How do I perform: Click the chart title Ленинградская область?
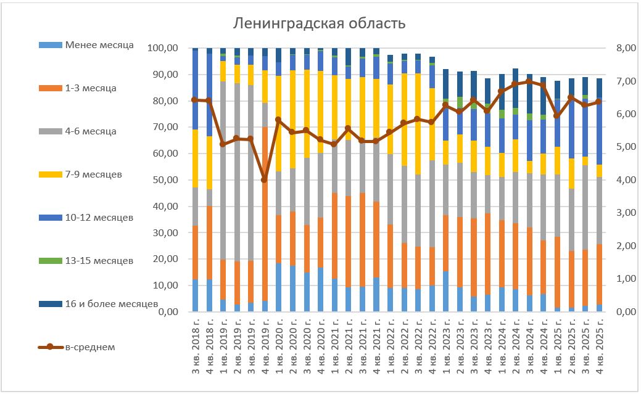[x=319, y=24]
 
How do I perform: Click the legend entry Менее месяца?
[x=99, y=45]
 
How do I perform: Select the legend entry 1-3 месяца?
[x=90, y=88]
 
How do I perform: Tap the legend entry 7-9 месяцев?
[x=93, y=174]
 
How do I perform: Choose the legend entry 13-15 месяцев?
[x=99, y=261]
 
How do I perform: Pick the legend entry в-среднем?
[x=89, y=347]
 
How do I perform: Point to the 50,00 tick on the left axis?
[x=165, y=180]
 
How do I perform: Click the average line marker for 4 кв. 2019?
[x=265, y=180]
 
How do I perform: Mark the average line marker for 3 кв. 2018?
[x=195, y=99]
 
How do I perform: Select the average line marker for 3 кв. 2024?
[x=529, y=81]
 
